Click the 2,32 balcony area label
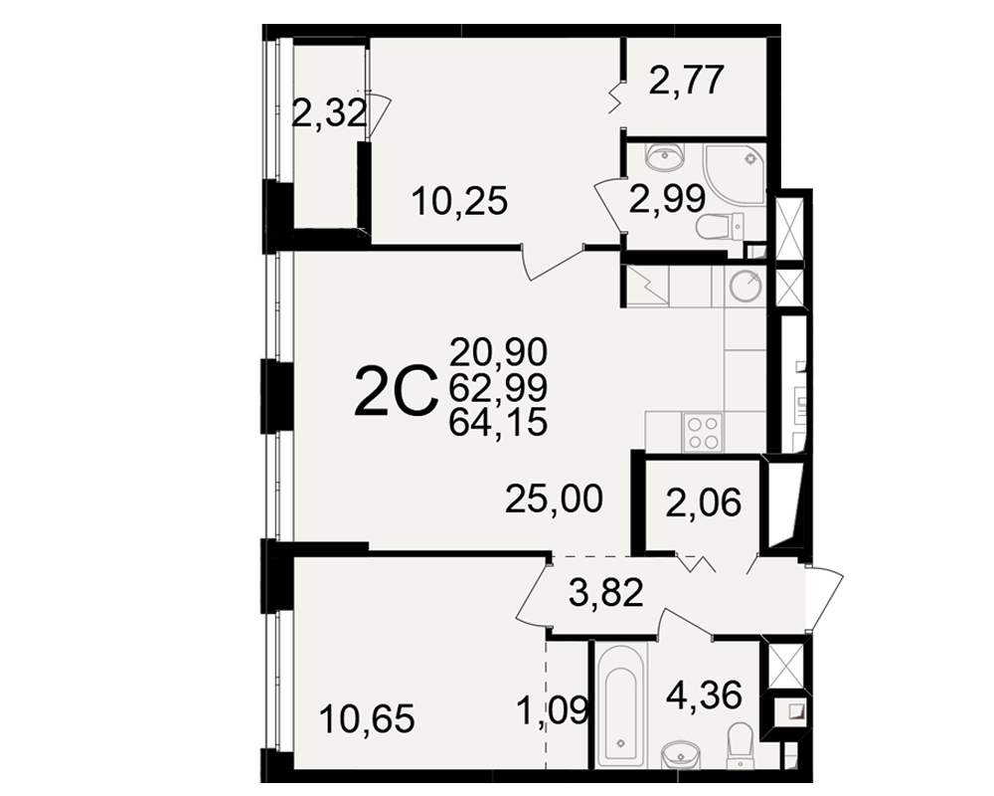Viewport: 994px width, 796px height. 329,114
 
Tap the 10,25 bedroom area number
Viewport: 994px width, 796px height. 459,201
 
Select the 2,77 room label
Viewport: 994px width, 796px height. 686,80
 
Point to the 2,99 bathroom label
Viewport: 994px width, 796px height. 667,199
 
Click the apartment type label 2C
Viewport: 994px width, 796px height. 397,393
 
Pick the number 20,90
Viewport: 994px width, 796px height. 498,352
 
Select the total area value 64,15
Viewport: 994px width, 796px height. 498,423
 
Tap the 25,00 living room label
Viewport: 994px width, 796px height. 554,498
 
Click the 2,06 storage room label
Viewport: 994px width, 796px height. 704,504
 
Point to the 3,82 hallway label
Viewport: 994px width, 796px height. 606,593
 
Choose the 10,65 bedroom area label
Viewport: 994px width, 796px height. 367,719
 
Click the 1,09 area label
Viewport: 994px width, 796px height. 554,710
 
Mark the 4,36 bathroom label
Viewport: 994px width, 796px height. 704,696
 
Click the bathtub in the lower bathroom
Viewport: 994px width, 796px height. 621,703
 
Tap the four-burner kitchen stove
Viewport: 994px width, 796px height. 703,432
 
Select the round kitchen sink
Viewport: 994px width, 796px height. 745,286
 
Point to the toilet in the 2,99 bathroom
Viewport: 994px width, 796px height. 720,227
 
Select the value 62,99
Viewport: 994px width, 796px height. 498,388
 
